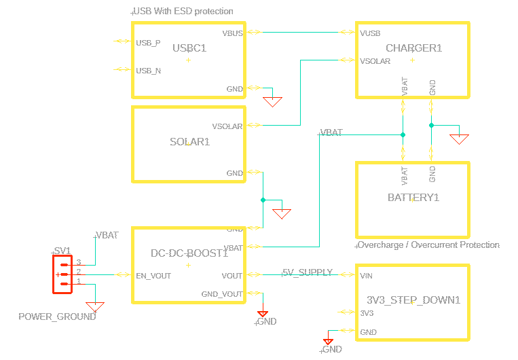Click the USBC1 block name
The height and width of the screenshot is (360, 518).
(189, 48)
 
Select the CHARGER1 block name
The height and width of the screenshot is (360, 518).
(413, 48)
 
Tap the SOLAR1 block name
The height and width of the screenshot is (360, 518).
(189, 142)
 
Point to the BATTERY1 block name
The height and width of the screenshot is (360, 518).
(413, 198)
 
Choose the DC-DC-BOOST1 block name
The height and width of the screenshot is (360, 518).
(189, 253)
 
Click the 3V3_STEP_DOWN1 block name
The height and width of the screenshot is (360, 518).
(413, 300)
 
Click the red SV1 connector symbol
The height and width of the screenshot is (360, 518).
(62, 274)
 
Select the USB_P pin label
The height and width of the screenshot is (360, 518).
(148, 43)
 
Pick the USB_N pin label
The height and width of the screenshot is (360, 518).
(148, 70)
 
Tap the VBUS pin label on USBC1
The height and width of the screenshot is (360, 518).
(232, 33)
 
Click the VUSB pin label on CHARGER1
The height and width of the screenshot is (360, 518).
(370, 33)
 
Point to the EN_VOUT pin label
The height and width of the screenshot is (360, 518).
(153, 276)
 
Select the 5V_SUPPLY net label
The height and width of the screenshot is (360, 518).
(308, 272)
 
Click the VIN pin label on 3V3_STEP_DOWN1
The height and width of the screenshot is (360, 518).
(366, 276)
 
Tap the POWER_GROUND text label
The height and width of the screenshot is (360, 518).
(57, 317)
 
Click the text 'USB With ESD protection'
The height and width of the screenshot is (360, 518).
(183, 12)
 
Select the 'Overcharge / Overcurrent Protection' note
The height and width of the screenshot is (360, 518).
(428, 245)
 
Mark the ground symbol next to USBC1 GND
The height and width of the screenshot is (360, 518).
(272, 101)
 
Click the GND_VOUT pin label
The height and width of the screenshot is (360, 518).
(222, 294)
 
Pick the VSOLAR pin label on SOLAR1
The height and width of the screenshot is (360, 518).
(227, 126)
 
